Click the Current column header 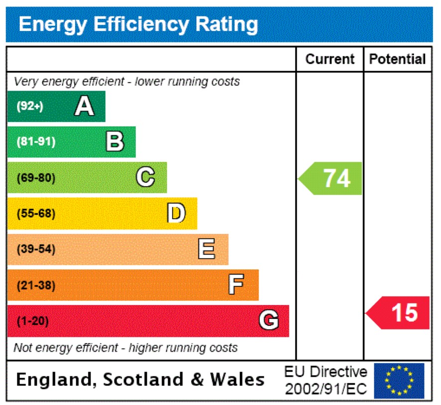coord(330,59)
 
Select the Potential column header coord(397,59)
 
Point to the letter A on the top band coord(84,106)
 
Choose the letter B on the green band coord(115,142)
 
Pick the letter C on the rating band coord(145,177)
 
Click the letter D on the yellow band coord(176,213)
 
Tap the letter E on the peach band coord(207,249)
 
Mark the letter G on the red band coord(269,321)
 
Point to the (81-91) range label coord(36,142)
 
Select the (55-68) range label coord(36,214)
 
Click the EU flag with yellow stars coord(399,381)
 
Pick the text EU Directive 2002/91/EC coord(326,381)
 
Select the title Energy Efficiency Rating coord(138,24)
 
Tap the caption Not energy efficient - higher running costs coord(125,348)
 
